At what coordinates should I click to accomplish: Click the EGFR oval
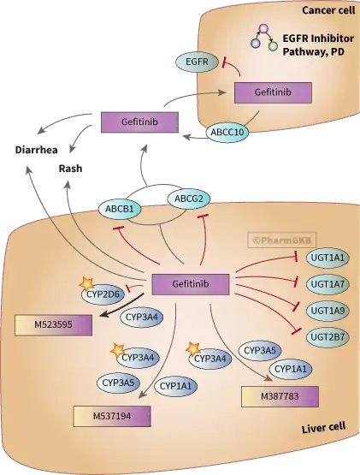pyautogui.click(x=197, y=62)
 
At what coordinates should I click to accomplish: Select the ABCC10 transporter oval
pyautogui.click(x=227, y=132)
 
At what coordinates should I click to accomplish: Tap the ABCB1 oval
pyautogui.click(x=120, y=209)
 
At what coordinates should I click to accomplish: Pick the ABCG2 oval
pyautogui.click(x=189, y=199)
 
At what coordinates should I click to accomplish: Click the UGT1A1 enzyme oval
pyautogui.click(x=328, y=258)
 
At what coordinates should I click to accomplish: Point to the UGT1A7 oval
pyautogui.click(x=328, y=284)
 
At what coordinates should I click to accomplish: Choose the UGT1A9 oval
pyautogui.click(x=328, y=311)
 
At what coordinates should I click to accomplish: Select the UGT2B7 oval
pyautogui.click(x=328, y=337)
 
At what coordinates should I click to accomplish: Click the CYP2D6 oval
pyautogui.click(x=103, y=294)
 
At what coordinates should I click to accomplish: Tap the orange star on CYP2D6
pyautogui.click(x=86, y=284)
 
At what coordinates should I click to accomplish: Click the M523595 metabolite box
pyautogui.click(x=53, y=325)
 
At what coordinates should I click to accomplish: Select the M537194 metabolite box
pyautogui.click(x=112, y=416)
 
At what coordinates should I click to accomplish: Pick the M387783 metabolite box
pyautogui.click(x=280, y=396)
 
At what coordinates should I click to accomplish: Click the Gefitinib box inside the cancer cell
pyautogui.click(x=273, y=92)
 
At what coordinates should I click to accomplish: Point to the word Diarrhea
pyautogui.click(x=36, y=150)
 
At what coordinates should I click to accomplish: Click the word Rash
pyautogui.click(x=70, y=169)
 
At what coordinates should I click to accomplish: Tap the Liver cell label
pyautogui.click(x=323, y=428)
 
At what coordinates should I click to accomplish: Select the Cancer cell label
pyautogui.click(x=328, y=10)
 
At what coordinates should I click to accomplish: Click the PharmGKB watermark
pyautogui.click(x=282, y=240)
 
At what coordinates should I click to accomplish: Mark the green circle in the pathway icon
pyautogui.click(x=273, y=46)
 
